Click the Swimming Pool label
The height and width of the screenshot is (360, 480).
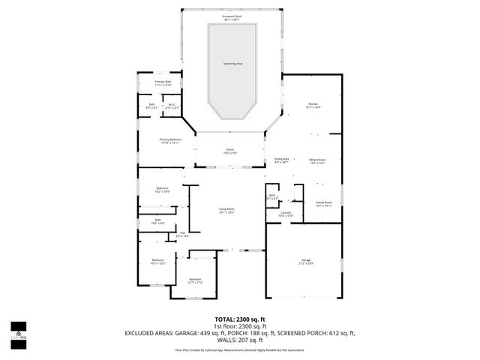coord(232,64)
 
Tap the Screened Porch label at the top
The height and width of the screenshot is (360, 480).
coord(232,16)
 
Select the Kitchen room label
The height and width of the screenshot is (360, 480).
coord(313,106)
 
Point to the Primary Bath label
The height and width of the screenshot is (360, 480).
coord(163,83)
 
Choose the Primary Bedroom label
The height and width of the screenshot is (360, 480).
coord(169,141)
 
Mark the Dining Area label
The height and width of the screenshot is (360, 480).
coord(282,161)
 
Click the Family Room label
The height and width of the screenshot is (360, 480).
coord(323,203)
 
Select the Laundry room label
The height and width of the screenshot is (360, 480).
coord(286,214)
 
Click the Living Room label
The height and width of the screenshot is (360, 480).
coord(226,211)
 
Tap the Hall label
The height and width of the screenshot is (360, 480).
coord(182,235)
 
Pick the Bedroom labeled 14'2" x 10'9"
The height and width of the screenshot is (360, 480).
coord(163,190)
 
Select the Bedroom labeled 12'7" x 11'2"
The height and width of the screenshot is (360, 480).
coord(195,281)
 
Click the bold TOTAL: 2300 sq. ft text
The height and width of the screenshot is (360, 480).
coord(240,319)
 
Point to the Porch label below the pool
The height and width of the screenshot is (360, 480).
coord(230,151)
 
